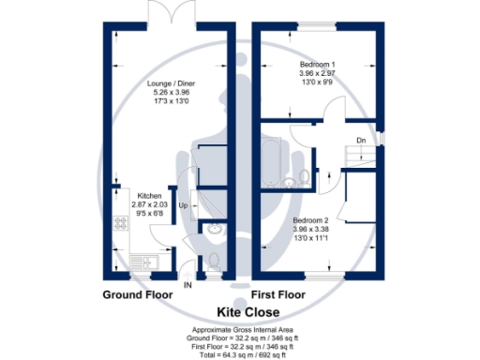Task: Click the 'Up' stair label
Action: [184, 204]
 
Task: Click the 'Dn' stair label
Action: [361, 142]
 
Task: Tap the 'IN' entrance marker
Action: [187, 284]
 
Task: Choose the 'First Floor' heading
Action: [277, 294]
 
